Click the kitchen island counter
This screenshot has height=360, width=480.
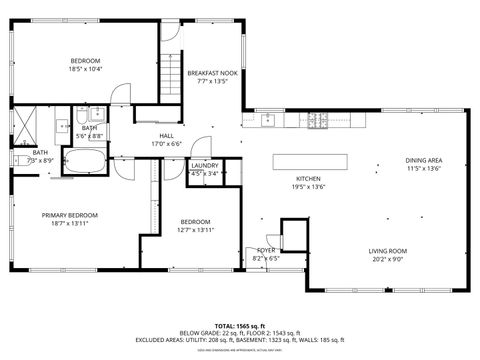coord(313,159)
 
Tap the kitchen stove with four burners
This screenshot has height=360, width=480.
coord(318,121)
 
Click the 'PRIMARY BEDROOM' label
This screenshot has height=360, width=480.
coord(69,215)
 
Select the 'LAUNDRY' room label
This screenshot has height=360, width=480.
coord(205,165)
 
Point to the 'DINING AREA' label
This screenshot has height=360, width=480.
coord(424,160)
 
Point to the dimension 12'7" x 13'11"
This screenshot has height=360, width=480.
coord(195,230)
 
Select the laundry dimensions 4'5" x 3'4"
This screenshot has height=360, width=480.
coord(205,173)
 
